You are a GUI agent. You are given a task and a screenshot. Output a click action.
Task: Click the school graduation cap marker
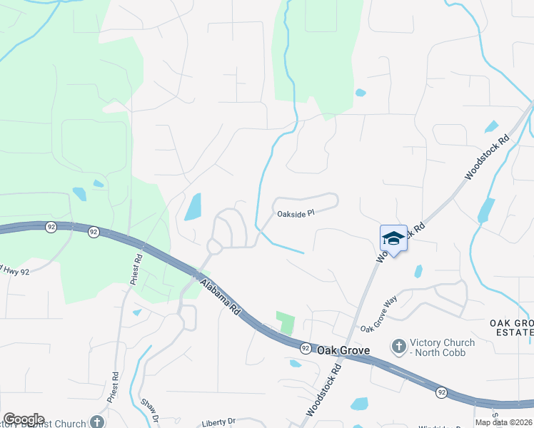pos(393,238)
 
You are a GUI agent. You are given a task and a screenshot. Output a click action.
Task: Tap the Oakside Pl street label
pos(296,213)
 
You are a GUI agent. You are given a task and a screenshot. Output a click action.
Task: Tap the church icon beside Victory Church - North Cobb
pos(399,347)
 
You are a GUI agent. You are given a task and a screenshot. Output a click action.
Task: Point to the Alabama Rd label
pos(220,298)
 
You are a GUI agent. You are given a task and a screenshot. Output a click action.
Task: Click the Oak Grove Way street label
pos(379,316)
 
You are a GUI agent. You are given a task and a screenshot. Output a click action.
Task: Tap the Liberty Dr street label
pos(218,422)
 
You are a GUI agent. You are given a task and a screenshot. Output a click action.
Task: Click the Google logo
pos(24,419)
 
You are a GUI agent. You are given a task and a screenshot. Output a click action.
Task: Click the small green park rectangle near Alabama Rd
pos(286,323)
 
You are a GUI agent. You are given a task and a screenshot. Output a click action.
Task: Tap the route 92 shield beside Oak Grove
pos(305,348)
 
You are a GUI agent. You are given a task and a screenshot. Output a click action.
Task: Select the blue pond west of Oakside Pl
pos(193,207)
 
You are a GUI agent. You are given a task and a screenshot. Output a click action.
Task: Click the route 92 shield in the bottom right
pos(441,392)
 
